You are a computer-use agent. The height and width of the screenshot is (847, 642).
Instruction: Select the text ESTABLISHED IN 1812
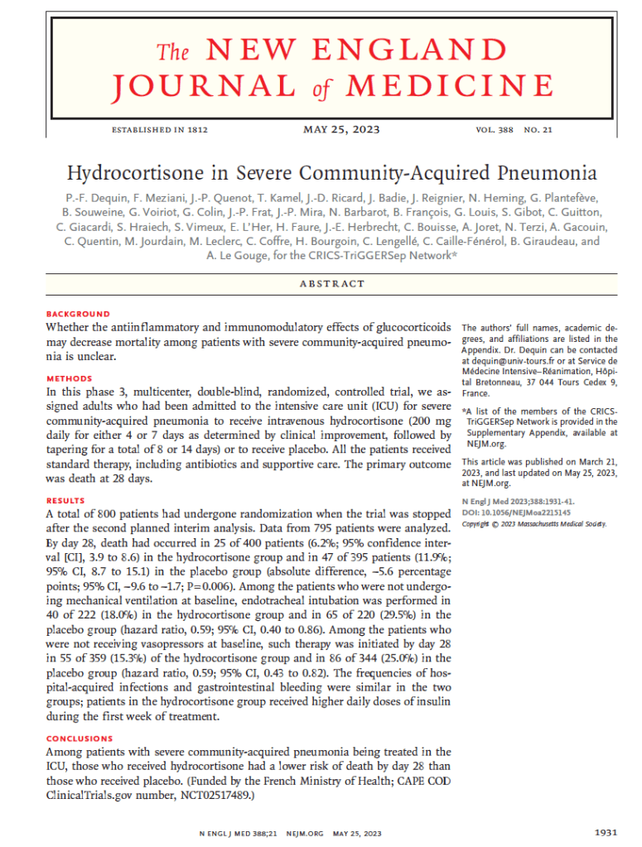pyautogui.click(x=159, y=130)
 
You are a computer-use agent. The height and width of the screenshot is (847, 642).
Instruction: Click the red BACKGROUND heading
pyautogui.click(x=78, y=315)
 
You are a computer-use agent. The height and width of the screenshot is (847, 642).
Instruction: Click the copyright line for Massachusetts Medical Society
pyautogui.click(x=533, y=523)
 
